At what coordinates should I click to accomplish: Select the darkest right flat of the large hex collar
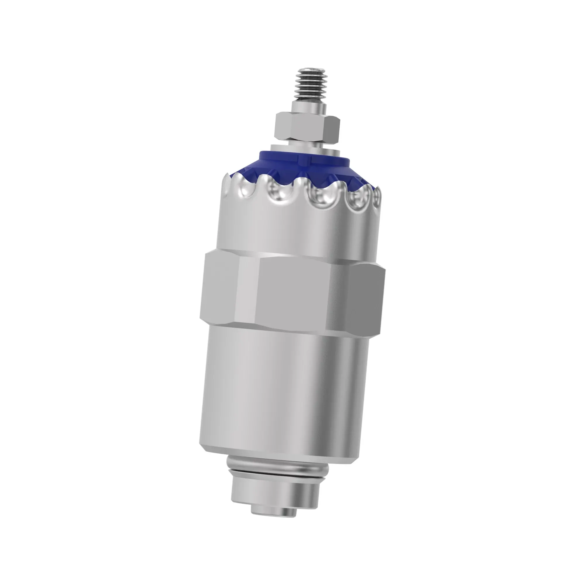point(367,298)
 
